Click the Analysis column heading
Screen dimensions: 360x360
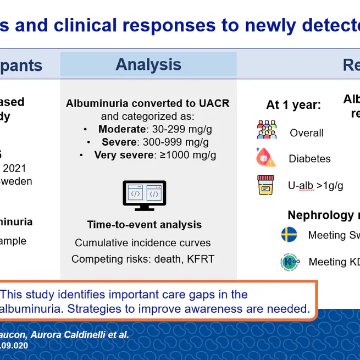[148, 65]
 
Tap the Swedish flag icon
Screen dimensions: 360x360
[289, 235]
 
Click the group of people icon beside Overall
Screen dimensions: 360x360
[267, 130]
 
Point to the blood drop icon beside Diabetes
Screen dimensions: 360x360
[266, 157]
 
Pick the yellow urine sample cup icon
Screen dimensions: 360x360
[266, 185]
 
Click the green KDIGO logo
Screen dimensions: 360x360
[289, 262]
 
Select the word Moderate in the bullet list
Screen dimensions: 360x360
[121, 130]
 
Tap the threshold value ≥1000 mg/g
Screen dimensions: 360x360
[188, 155]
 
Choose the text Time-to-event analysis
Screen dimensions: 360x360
[144, 225]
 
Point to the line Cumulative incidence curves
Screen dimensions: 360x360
[143, 243]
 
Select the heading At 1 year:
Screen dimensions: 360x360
[293, 105]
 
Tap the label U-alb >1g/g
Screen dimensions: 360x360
[315, 186]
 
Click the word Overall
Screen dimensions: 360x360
[306, 133]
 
